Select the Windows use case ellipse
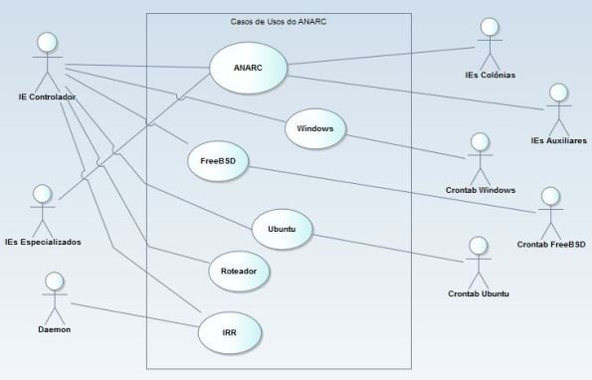click(315, 128)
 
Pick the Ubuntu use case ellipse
click(282, 230)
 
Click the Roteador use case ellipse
click(239, 269)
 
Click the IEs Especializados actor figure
click(42, 206)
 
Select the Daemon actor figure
click(54, 292)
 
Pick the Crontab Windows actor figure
click(481, 154)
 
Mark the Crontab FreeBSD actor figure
click(549, 209)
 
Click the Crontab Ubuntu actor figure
click(479, 259)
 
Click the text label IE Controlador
click(48, 96)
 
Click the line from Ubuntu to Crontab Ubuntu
click(388, 248)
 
